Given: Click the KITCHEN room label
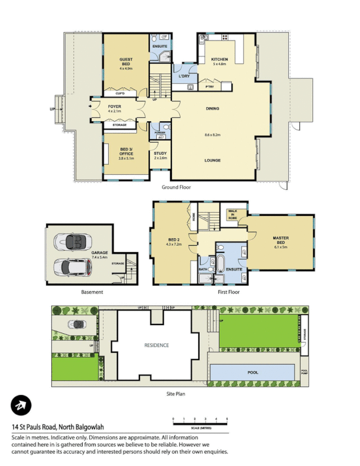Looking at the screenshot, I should [x=219, y=60].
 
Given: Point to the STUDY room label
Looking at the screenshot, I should [x=160, y=154].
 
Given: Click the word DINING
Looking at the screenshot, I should [x=212, y=109].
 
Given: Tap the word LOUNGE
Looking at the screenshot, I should [x=212, y=159].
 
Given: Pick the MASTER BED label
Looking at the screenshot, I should [x=281, y=240].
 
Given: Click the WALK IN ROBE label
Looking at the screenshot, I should [x=233, y=214].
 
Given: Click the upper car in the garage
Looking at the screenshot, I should [x=70, y=241].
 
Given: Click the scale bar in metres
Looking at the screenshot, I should [x=199, y=419].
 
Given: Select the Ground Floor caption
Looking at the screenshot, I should [x=176, y=188].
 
